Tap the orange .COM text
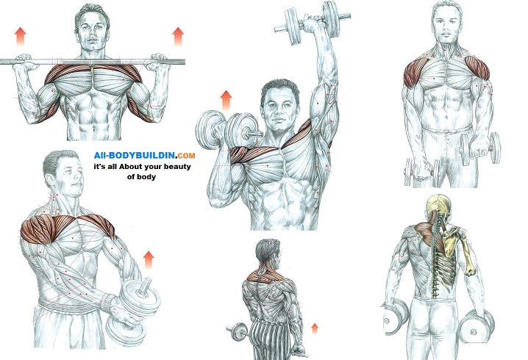pos(185,155)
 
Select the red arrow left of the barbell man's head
pos(21,37)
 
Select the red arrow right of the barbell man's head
pos(178,37)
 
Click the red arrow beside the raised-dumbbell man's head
pos(226,100)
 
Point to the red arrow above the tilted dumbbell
pos(148,260)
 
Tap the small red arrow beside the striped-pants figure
pos(315,328)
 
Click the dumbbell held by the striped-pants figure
pos(238,331)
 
